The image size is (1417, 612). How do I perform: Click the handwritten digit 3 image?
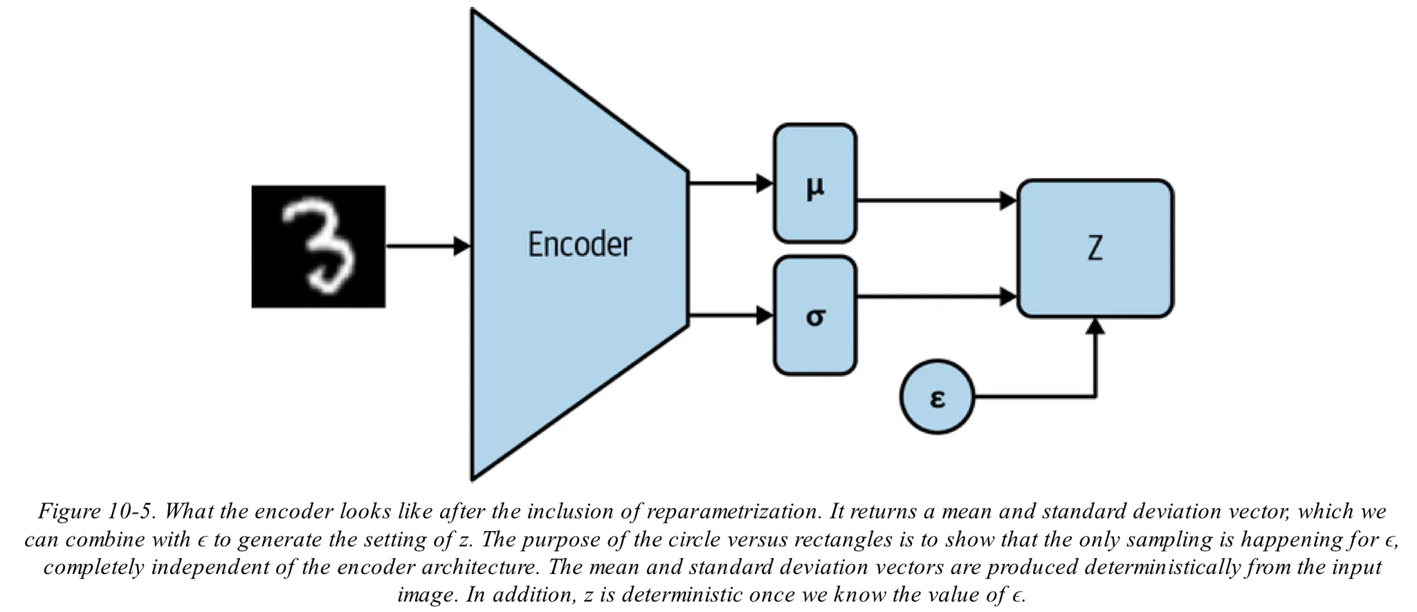(x=318, y=246)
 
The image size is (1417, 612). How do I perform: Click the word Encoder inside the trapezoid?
(x=579, y=244)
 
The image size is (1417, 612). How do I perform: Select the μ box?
(x=815, y=184)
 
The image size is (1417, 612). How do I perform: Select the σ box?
(x=815, y=316)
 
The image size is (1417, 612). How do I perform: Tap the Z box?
(x=1095, y=248)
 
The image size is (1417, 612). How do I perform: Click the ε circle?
(x=937, y=397)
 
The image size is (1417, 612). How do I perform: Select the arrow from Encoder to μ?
(x=731, y=183)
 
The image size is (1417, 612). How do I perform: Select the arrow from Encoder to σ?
(x=731, y=316)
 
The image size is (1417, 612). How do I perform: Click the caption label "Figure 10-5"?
(x=97, y=512)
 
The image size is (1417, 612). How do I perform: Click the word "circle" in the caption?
(x=693, y=540)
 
